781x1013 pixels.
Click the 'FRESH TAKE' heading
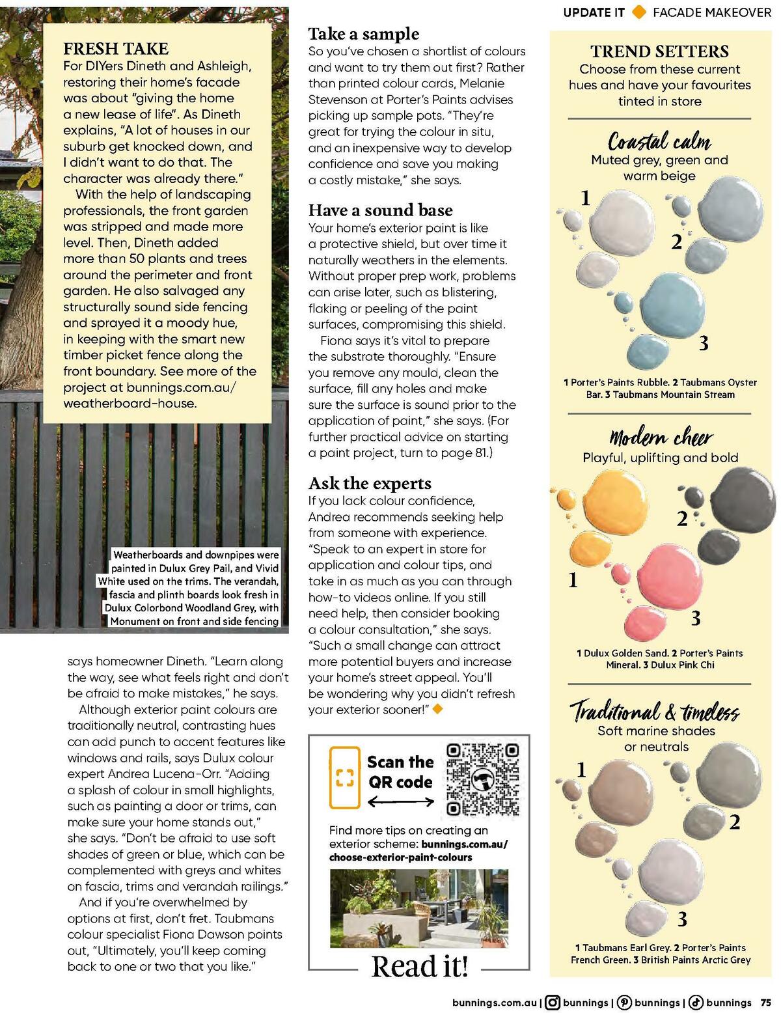116,49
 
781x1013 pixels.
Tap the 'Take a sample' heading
364,34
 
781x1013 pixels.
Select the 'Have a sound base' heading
380,210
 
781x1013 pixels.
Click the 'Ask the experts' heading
370,483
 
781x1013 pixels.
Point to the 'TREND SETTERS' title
659,51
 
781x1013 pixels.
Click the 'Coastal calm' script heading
659,141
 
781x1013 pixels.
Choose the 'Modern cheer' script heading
661,437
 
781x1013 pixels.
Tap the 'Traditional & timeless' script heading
655,711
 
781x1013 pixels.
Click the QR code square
484,779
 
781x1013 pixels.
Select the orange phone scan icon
344,777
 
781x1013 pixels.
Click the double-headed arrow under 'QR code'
400,803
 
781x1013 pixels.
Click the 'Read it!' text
420,966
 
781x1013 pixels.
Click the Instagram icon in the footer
552,1003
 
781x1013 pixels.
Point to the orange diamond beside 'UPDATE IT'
639,12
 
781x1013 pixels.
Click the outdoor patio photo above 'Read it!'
419,908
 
